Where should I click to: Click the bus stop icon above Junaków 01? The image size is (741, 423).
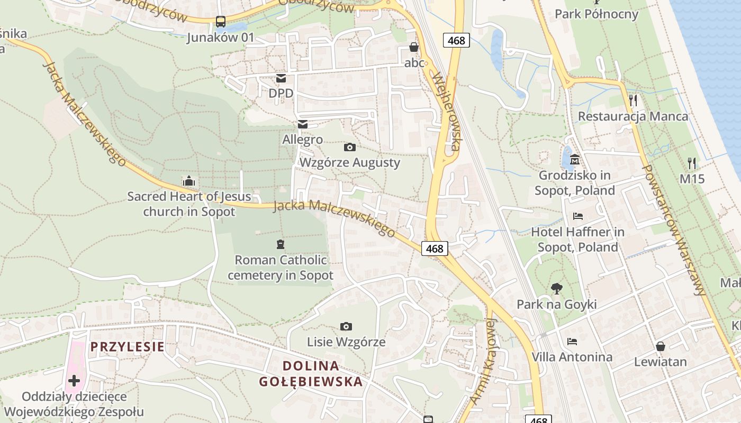tap(221, 22)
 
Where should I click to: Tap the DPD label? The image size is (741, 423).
tap(281, 93)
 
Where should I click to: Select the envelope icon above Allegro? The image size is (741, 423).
tap(303, 124)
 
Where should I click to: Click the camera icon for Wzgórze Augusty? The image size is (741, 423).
tap(350, 147)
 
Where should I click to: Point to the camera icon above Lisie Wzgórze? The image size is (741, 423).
tap(346, 326)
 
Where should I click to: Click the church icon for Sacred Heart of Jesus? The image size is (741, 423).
tap(189, 181)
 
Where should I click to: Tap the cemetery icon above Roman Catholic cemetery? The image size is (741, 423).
tap(281, 244)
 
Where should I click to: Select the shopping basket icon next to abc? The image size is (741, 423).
tap(414, 48)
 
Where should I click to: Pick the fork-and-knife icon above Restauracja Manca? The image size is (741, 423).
tap(633, 100)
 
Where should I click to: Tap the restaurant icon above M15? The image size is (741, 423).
tap(692, 163)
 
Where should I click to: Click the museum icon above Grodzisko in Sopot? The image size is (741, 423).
tap(575, 159)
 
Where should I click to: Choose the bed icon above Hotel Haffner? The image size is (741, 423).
tap(578, 216)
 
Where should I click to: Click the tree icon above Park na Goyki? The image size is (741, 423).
tap(556, 289)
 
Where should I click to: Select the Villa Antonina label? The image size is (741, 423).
tap(572, 357)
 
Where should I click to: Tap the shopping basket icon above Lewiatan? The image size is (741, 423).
tap(661, 346)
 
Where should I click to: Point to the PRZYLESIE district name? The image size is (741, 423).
tap(127, 347)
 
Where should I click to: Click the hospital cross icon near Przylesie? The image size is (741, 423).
tap(74, 380)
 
